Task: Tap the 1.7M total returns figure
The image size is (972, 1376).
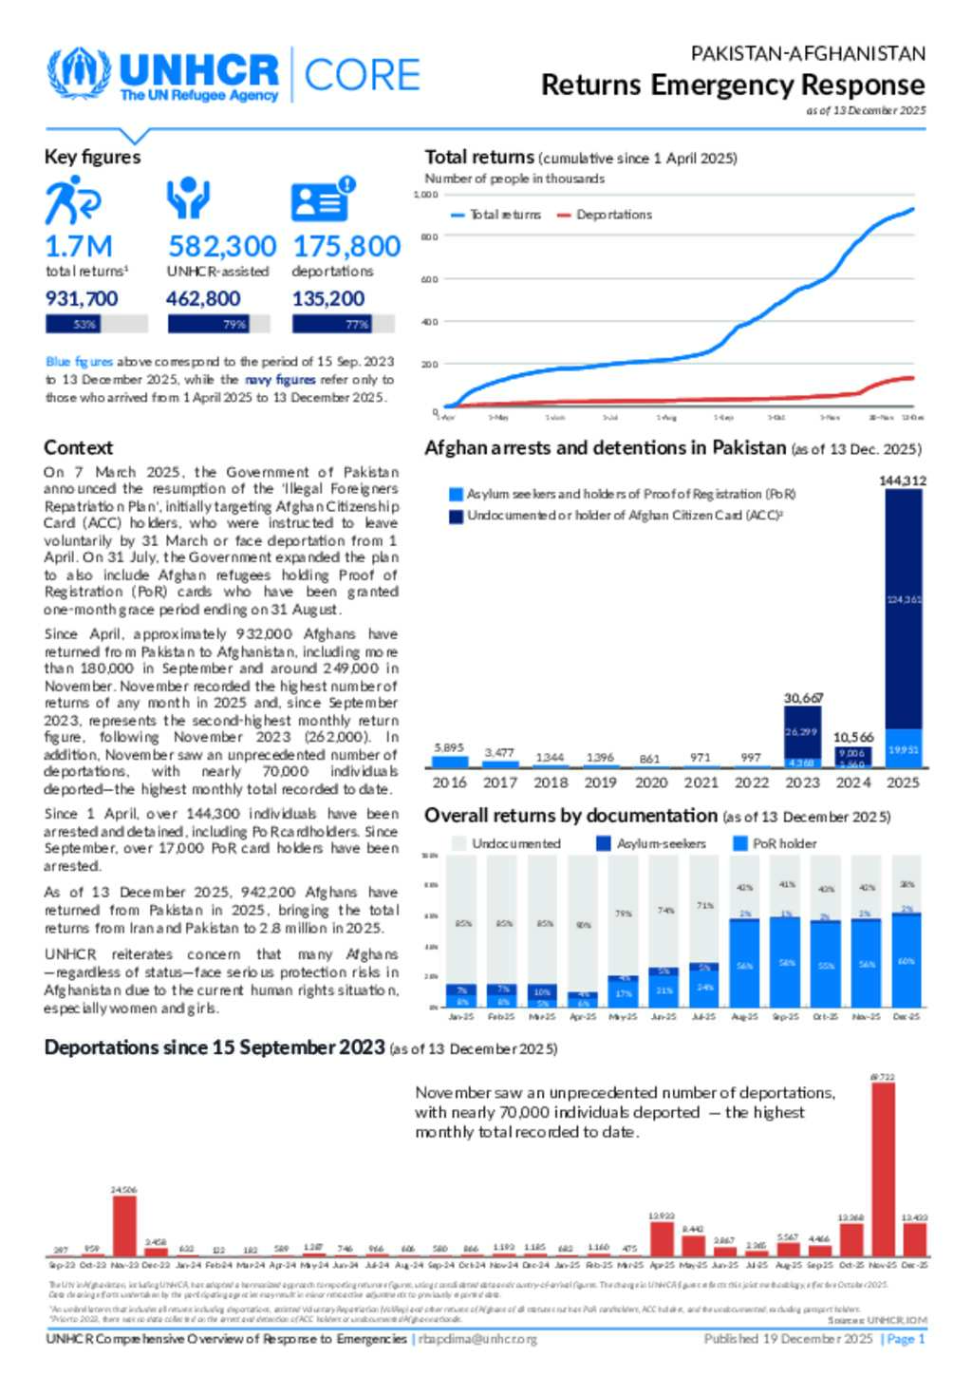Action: tap(79, 246)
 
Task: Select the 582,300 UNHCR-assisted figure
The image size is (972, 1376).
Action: tap(222, 246)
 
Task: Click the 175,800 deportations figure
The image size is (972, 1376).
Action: tap(346, 246)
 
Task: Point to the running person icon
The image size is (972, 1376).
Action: tap(72, 199)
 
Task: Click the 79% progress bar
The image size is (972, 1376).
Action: tap(218, 324)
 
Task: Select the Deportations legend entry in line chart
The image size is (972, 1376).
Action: tap(605, 215)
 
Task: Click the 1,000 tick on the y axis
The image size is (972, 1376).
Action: tap(425, 195)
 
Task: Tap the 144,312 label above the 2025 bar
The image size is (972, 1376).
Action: tap(902, 481)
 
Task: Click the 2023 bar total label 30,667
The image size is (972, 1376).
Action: tap(803, 698)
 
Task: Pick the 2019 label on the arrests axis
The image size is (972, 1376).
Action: tap(600, 782)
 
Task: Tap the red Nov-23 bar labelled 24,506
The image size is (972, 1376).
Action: tap(124, 1226)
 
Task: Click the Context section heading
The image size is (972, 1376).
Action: tap(78, 447)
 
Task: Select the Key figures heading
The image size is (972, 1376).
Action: tap(92, 157)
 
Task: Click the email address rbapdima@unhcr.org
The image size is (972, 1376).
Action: tap(477, 1339)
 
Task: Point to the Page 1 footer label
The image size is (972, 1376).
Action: tap(905, 1339)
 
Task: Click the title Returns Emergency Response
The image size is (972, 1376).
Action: tap(733, 85)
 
